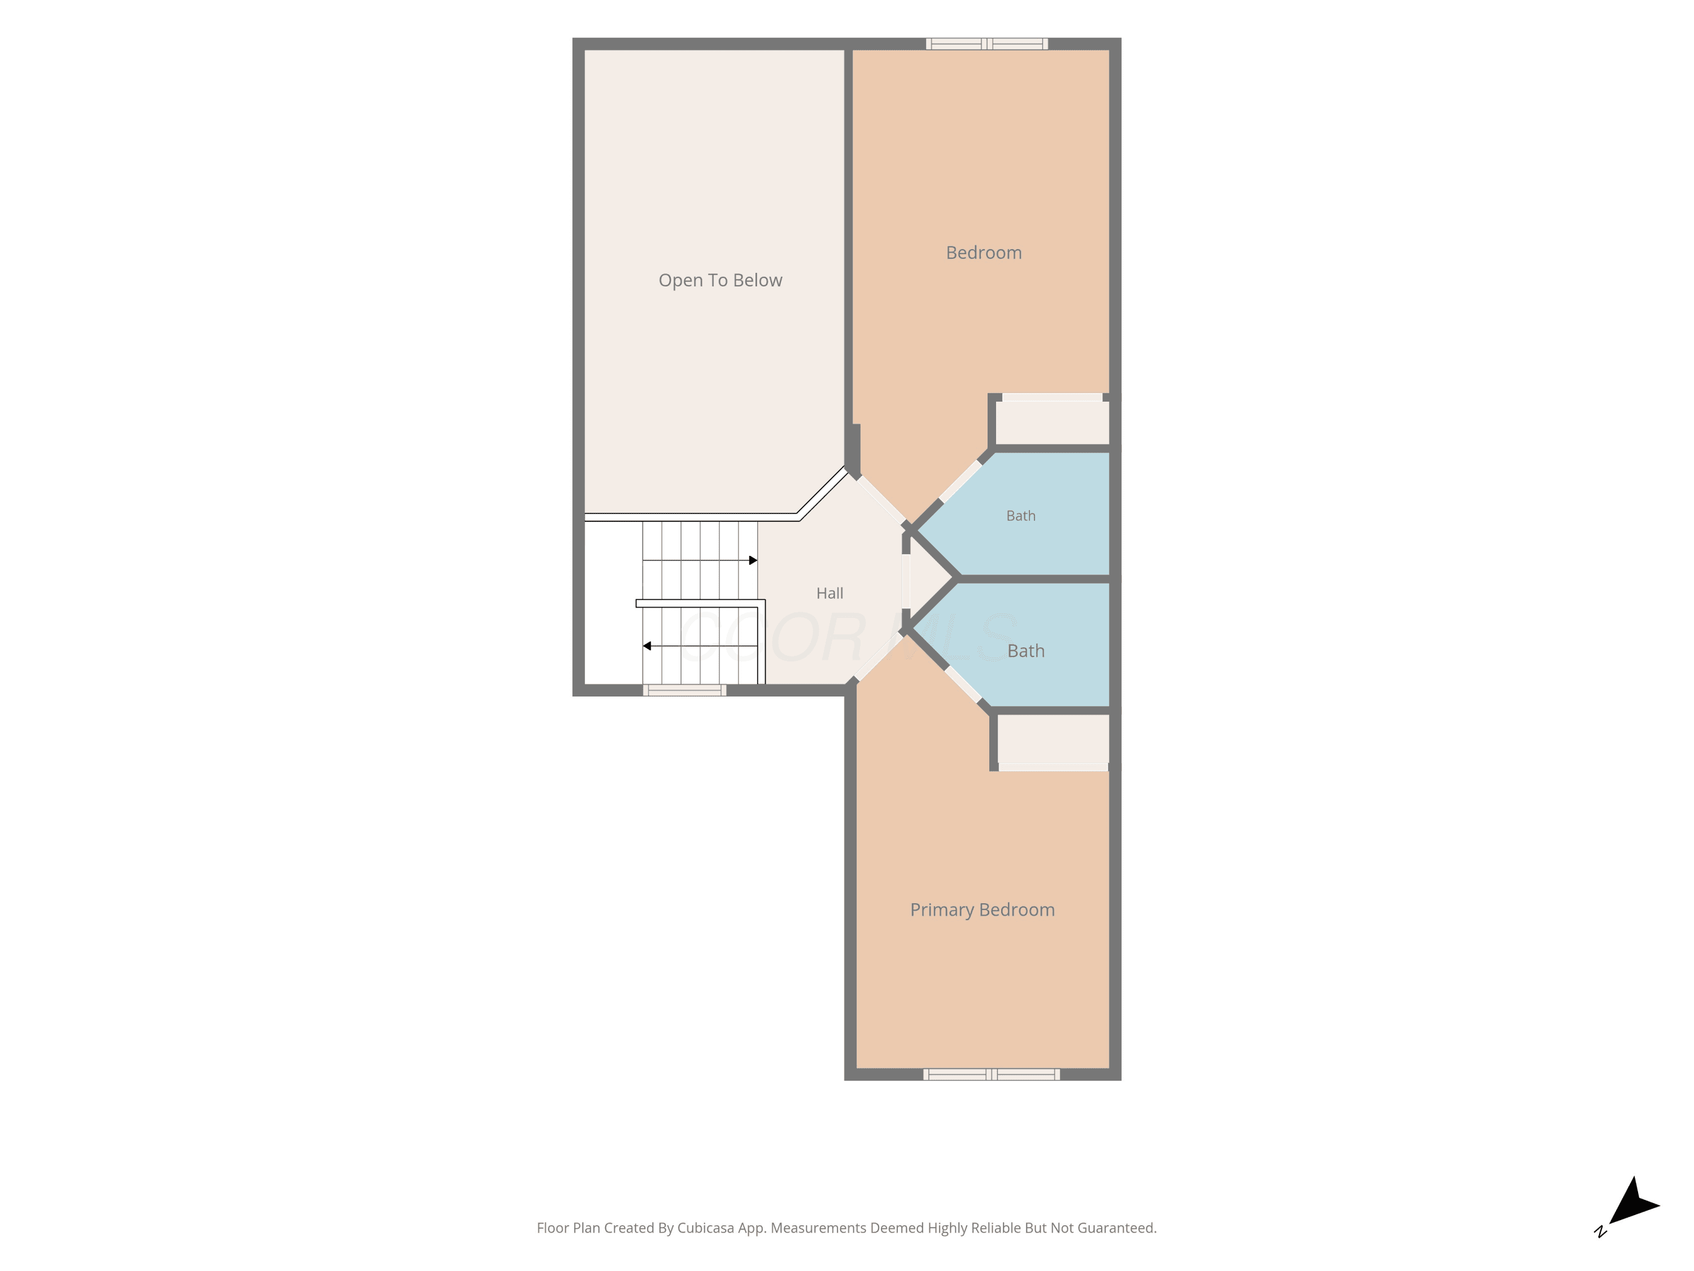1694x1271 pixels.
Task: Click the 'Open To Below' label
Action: (720, 280)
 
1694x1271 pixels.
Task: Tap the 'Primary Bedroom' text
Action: (983, 910)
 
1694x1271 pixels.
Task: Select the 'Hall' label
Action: (829, 593)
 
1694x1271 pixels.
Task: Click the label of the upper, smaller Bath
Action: (1021, 516)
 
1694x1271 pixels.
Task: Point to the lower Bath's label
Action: (1026, 650)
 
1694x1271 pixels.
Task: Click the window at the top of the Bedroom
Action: (986, 43)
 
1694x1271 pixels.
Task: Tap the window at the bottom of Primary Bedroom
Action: (992, 1074)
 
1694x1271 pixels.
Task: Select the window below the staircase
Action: (684, 690)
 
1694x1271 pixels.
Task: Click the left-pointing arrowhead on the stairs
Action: (647, 646)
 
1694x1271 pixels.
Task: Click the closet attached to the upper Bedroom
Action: (1052, 422)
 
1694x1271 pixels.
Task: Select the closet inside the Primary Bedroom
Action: (1053, 739)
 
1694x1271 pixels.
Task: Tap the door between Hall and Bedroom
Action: (881, 500)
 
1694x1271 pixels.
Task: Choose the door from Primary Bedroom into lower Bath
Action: (963, 684)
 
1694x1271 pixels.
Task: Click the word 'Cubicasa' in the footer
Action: (705, 1228)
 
